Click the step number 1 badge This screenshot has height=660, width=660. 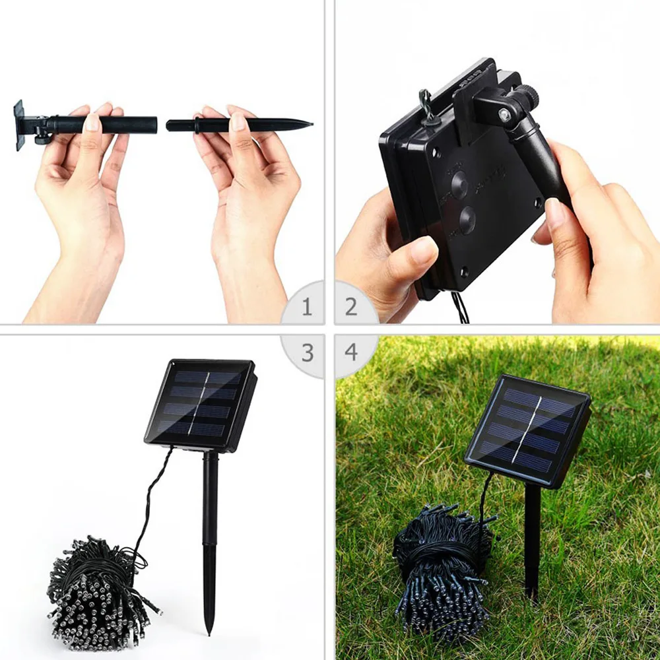coord(306,307)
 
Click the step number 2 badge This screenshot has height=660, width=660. coord(351,307)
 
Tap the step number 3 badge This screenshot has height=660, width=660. coord(307,352)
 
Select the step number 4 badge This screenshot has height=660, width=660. coord(351,352)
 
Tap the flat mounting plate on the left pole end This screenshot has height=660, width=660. coord(18,125)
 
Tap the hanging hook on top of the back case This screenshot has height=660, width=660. coord(426,106)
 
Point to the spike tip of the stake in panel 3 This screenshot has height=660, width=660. coord(209,630)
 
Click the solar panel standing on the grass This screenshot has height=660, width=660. coord(528,429)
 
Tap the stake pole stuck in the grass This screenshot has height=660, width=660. coord(532,541)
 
